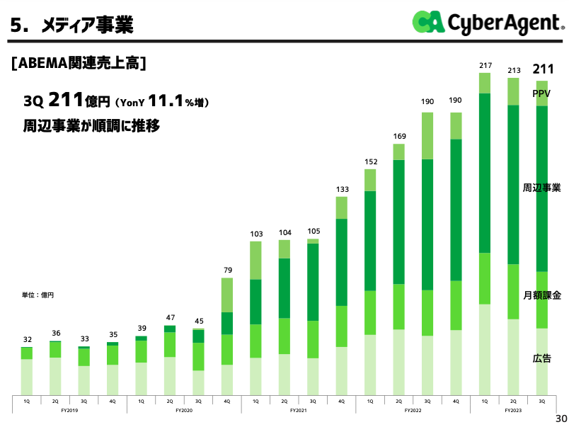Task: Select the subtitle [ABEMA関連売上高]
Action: (x=79, y=63)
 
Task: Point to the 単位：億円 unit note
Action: (x=38, y=295)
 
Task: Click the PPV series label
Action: (x=541, y=93)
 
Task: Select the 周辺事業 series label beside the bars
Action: (x=541, y=188)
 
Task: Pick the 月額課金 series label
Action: (x=541, y=295)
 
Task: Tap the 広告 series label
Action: (x=541, y=359)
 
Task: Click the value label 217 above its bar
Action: (x=485, y=66)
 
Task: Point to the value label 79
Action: (x=227, y=271)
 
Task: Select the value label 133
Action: (x=341, y=189)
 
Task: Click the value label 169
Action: (x=398, y=136)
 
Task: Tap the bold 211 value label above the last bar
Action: (x=542, y=69)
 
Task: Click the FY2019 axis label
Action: (x=69, y=410)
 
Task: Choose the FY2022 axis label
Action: (x=413, y=410)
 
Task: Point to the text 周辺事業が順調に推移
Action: (x=91, y=127)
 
